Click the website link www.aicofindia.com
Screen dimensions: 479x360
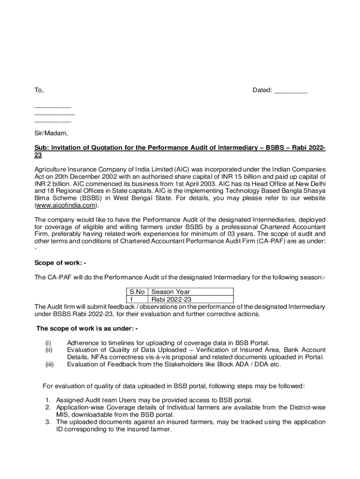[66, 205]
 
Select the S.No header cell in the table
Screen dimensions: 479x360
[137, 292]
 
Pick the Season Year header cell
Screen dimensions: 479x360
[170, 292]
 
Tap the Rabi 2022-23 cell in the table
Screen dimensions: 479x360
[171, 299]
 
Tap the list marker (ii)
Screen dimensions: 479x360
[48, 349]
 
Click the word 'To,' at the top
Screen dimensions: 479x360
[39, 90]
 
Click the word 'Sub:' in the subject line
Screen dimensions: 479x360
[42, 148]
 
